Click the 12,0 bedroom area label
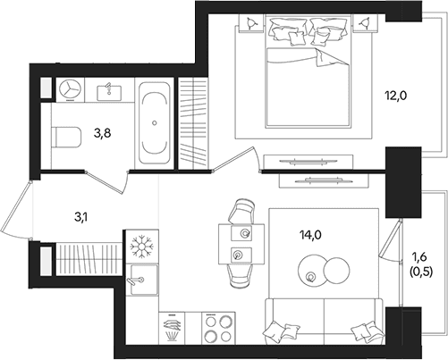(x=396, y=96)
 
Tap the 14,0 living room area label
(x=310, y=236)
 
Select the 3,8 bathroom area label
(x=102, y=134)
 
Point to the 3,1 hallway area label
(x=81, y=217)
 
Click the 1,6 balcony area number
(x=418, y=256)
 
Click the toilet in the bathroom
(x=66, y=137)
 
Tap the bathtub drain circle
(x=155, y=122)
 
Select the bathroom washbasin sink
(x=109, y=93)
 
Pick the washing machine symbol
(x=70, y=88)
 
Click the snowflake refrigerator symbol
(x=142, y=247)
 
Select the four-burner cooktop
(x=218, y=328)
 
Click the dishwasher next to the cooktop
(x=172, y=328)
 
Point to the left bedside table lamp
(x=251, y=22)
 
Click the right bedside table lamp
(x=365, y=22)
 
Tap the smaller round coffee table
(x=337, y=271)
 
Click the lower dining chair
(x=239, y=276)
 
